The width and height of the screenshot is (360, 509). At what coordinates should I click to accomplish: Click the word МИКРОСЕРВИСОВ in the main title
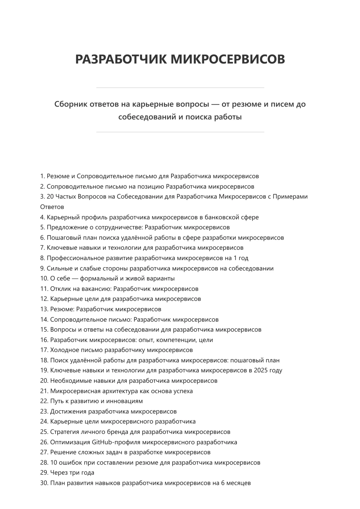pyautogui.click(x=228, y=59)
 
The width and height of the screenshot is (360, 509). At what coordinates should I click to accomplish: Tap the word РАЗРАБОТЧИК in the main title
pyautogui.click(x=121, y=59)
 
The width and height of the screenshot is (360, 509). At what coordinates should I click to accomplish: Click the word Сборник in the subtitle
pyautogui.click(x=69, y=104)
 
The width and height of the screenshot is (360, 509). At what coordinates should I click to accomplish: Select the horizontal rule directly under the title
pyautogui.click(x=180, y=87)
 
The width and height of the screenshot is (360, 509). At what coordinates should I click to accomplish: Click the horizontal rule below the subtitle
pyautogui.click(x=180, y=132)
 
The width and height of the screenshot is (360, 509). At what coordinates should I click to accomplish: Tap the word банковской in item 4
pyautogui.click(x=220, y=217)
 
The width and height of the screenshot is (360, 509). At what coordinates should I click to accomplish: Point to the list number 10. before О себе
pyautogui.click(x=44, y=278)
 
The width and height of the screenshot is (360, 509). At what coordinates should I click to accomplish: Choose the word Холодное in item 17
pyautogui.click(x=62, y=350)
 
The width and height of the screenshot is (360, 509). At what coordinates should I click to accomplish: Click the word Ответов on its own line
pyautogui.click(x=52, y=207)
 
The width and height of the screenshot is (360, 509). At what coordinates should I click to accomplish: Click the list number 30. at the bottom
pyautogui.click(x=44, y=483)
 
